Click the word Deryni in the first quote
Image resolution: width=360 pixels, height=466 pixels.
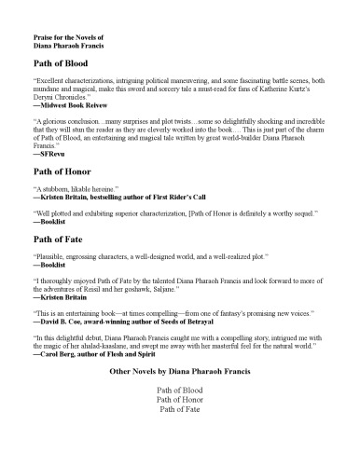coord(45,96)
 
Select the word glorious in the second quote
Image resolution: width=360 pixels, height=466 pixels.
coord(57,122)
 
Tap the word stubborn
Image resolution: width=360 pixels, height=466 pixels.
coord(57,190)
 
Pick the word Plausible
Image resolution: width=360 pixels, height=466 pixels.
coord(52,256)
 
